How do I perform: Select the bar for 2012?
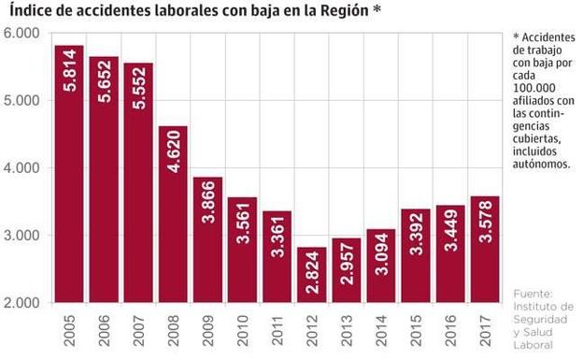pyautogui.click(x=311, y=275)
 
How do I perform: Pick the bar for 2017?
pyautogui.click(x=484, y=250)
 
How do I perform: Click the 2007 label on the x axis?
pyautogui.click(x=138, y=333)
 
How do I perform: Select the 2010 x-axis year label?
pyautogui.click(x=242, y=333)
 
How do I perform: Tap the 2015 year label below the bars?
pyautogui.click(x=415, y=333)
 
